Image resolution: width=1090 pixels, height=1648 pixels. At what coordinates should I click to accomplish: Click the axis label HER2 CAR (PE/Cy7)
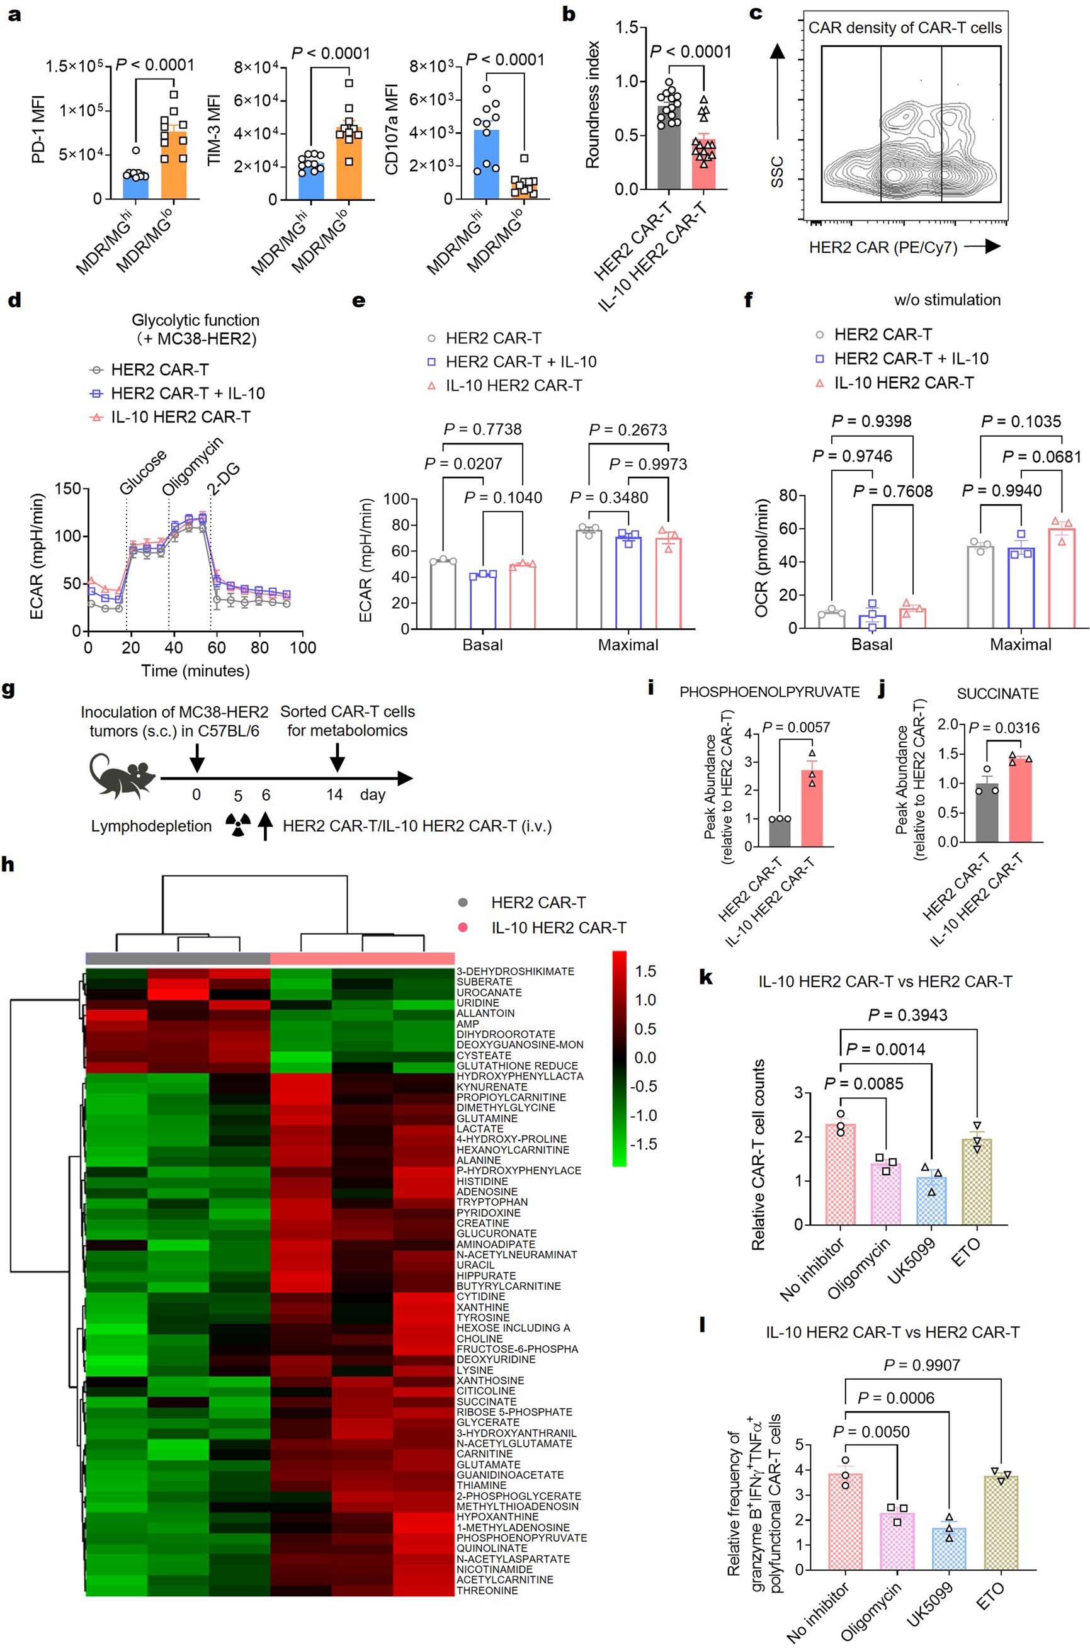coord(882,247)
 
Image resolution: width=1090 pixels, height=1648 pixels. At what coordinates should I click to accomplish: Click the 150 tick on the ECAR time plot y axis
coord(67,488)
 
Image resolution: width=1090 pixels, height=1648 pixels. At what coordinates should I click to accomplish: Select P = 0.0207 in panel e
coord(463,463)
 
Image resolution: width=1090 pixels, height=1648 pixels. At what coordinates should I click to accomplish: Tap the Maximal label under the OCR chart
coord(1020,644)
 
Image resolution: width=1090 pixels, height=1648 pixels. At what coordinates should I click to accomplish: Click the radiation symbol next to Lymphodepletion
coord(238,826)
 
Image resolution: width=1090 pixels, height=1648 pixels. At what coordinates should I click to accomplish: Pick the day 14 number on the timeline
coord(335,794)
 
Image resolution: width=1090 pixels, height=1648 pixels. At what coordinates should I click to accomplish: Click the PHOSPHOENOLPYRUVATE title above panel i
coord(769,692)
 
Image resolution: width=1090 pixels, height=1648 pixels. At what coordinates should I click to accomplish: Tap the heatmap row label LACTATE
coord(480,1128)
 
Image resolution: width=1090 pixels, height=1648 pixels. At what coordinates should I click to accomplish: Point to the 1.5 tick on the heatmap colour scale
coord(645,971)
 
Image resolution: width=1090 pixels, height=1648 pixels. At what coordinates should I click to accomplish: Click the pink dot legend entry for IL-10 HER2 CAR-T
coord(463,927)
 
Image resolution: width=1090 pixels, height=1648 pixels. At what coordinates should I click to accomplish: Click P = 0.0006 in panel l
coord(895,1398)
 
